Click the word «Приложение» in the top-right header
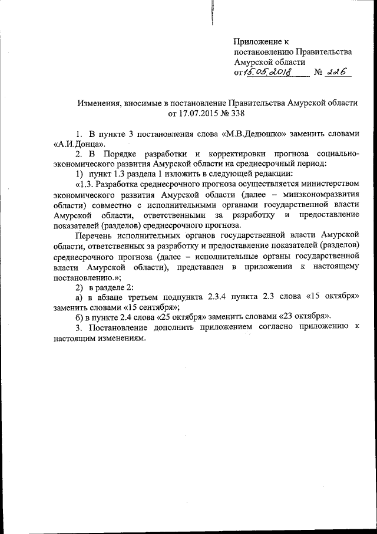coord(257,41)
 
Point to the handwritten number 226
coord(337,72)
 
